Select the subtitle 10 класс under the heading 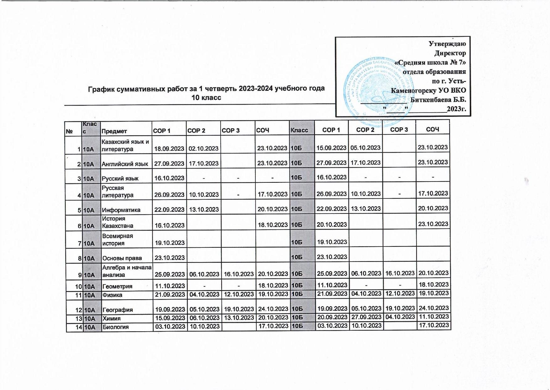point(206,98)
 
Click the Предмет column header point(114,131)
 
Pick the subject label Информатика point(121,210)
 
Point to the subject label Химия point(112,318)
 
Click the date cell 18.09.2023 point(169,149)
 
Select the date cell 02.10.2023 point(203,149)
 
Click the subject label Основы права point(122,258)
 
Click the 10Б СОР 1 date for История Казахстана point(332,225)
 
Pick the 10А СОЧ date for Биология point(273,327)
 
